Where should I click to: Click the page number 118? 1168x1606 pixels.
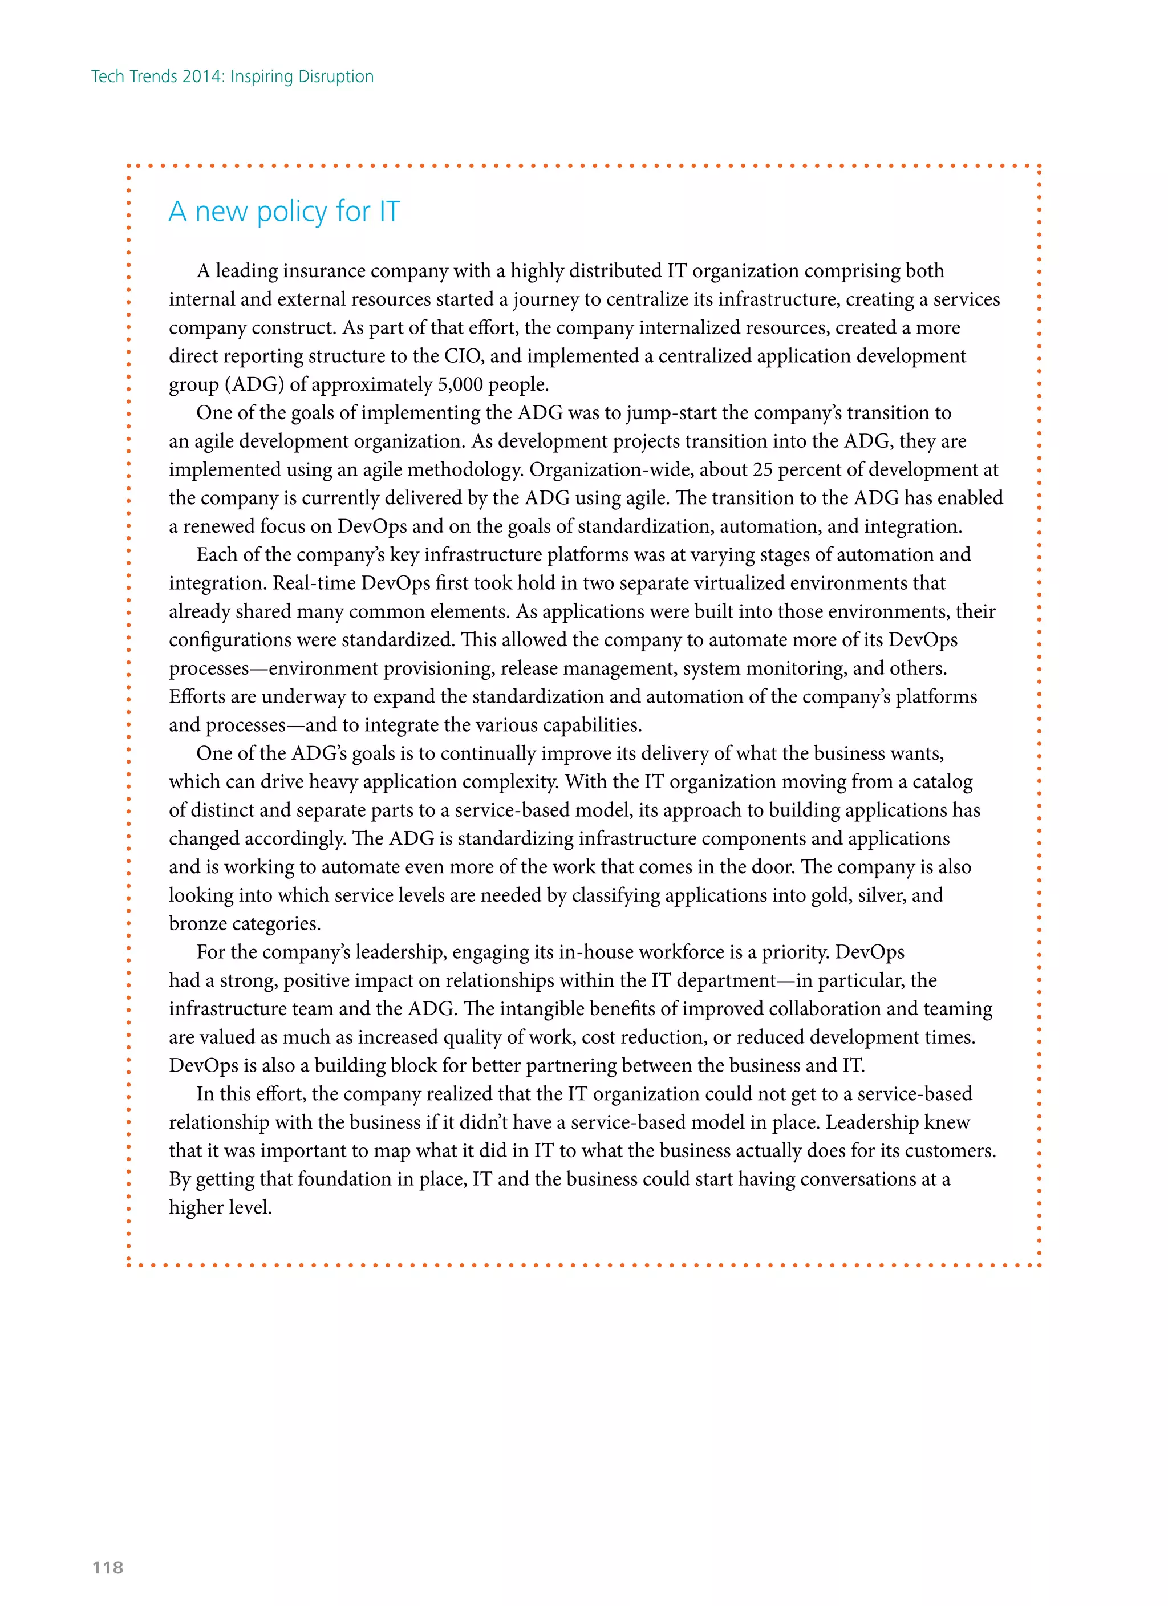click(x=108, y=1567)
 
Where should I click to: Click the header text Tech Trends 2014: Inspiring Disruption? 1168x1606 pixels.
click(x=232, y=76)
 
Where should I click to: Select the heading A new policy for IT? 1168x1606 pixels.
click(x=284, y=211)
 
